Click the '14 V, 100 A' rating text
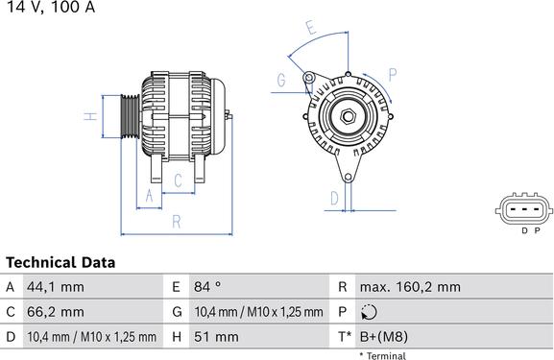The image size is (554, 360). point(51,7)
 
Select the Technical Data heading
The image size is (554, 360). point(60,262)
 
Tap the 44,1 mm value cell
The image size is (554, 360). point(56,287)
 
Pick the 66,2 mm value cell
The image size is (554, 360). point(56,312)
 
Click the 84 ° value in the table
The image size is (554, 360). point(207,286)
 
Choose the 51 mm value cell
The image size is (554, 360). point(216,337)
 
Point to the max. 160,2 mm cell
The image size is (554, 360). point(410,287)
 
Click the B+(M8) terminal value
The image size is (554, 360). point(384,337)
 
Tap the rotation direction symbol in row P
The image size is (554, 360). point(369,312)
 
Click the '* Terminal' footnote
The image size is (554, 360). point(383,355)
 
